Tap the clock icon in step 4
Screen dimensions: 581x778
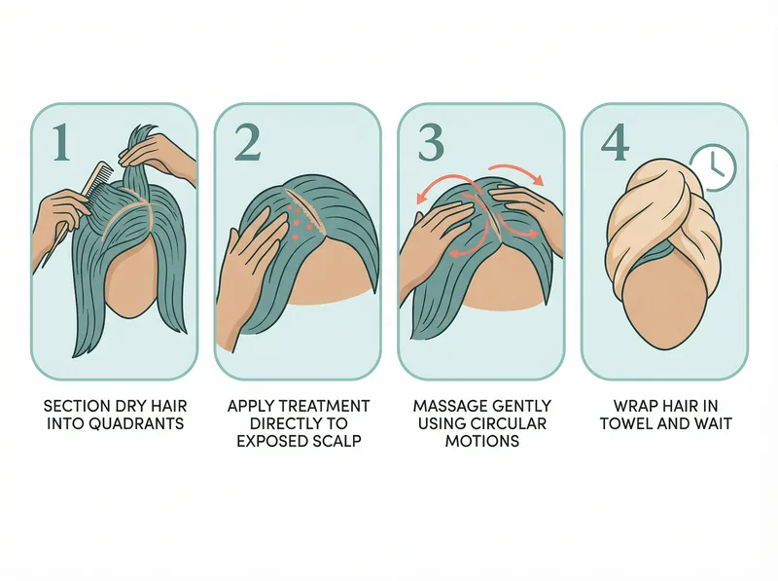(713, 167)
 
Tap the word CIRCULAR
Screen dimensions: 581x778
(512, 422)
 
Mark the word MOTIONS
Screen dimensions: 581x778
(481, 441)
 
